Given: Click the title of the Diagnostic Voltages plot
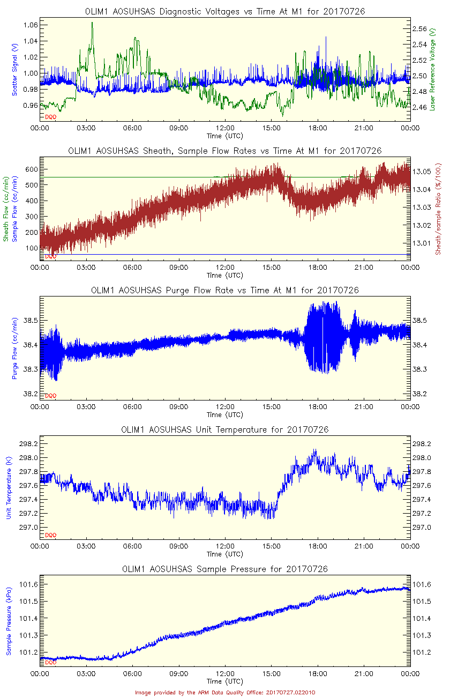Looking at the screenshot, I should coord(225,11).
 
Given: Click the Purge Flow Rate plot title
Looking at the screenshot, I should coord(225,290).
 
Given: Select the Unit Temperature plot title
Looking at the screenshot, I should coord(225,429).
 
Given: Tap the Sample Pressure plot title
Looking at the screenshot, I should coord(225,569).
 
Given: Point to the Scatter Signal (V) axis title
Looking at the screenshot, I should coord(15,70).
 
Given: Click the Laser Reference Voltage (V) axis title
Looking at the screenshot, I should coord(432,70).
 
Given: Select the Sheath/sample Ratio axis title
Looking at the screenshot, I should coord(438,209).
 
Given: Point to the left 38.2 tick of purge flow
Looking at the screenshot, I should coord(29,394).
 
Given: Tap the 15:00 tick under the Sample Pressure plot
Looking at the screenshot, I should coord(272,673).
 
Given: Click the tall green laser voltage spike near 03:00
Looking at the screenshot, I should coord(92,24).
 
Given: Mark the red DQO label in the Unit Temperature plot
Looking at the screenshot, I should coord(51,535).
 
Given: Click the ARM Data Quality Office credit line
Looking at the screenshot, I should coord(225,692).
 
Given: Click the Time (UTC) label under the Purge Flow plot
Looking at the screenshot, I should coord(225,414).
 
